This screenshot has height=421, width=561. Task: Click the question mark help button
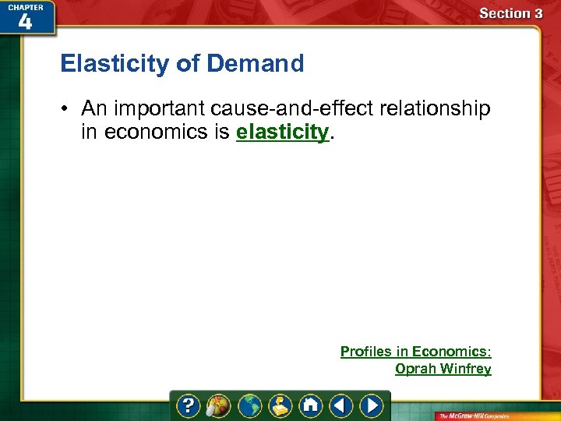(x=189, y=405)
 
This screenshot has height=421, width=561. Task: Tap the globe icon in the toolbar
(x=249, y=405)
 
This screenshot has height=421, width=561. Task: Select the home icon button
(x=310, y=405)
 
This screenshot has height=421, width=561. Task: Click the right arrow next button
(x=371, y=405)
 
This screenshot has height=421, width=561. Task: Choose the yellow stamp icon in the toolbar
(x=280, y=405)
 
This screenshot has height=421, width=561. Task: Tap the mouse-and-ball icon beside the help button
(x=219, y=405)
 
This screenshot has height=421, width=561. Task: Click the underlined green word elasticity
(x=282, y=132)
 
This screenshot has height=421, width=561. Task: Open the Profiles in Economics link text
(x=415, y=352)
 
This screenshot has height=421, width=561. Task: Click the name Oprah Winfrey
(x=443, y=369)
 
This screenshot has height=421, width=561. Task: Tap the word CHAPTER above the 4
(x=25, y=6)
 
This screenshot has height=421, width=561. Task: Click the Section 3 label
(x=510, y=13)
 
